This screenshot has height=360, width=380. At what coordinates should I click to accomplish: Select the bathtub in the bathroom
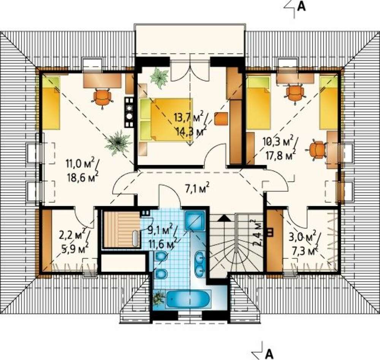pos(188,299)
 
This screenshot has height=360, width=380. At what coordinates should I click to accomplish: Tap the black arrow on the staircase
pos(225,218)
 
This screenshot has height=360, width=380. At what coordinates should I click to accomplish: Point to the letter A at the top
pos(301,6)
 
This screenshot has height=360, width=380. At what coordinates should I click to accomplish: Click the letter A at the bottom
pos(269,354)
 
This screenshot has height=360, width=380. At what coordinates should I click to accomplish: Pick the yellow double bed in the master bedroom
pos(166,120)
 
